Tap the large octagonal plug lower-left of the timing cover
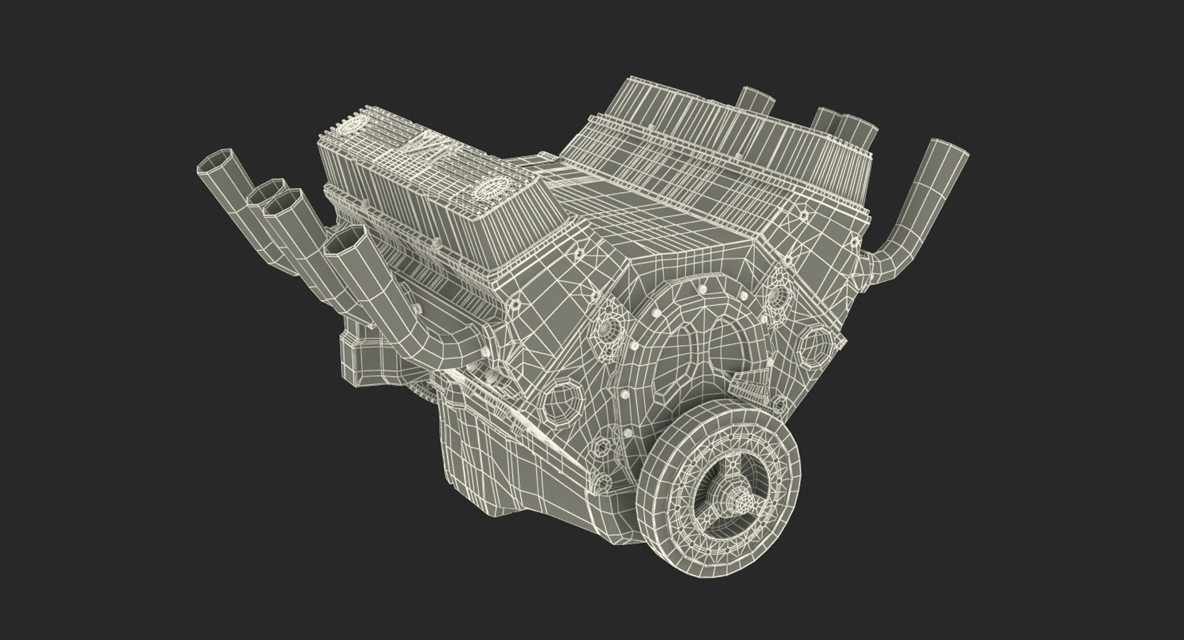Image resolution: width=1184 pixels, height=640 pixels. tap(565, 403)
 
